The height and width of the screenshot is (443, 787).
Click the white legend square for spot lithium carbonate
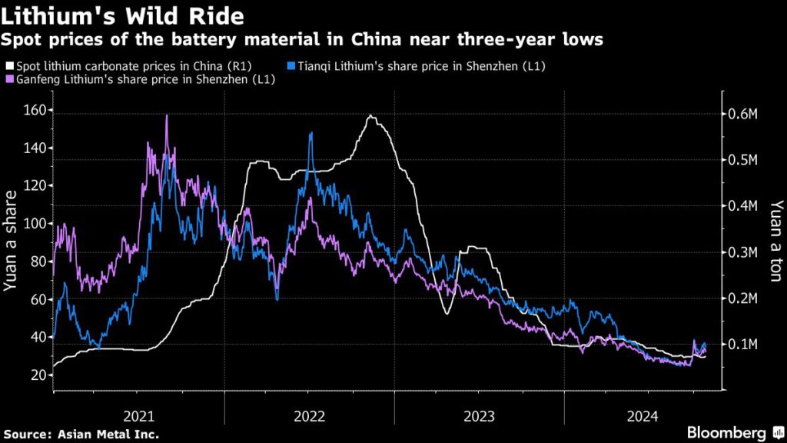click(x=8, y=67)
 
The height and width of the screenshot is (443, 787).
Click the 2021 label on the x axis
click(x=139, y=416)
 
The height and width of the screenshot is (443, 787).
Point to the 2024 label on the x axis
click(x=643, y=416)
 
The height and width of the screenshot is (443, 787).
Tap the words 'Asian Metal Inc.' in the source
click(x=108, y=434)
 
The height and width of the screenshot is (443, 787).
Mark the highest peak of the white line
click(x=371, y=115)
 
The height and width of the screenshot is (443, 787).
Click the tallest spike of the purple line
click(x=167, y=115)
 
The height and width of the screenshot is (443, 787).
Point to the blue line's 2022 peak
click(x=310, y=133)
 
